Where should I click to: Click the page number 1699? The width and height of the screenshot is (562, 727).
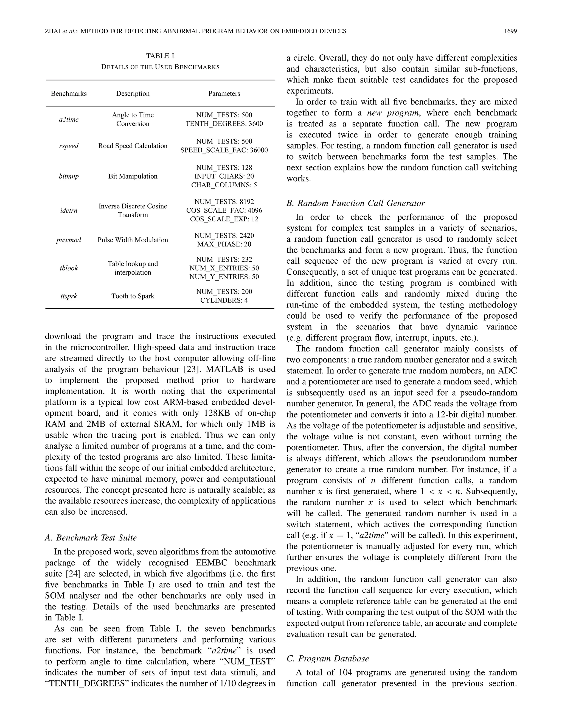click(510, 31)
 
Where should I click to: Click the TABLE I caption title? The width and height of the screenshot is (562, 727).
click(160, 56)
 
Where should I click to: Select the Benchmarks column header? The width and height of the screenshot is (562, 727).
click(69, 94)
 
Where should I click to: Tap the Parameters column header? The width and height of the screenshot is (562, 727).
click(224, 94)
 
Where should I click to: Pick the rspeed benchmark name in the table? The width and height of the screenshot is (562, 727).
click(69, 146)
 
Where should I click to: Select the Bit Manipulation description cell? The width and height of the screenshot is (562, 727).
click(133, 176)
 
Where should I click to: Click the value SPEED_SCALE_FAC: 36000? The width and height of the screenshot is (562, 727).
click(224, 150)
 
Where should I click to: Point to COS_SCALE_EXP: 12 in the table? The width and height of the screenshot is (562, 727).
click(224, 219)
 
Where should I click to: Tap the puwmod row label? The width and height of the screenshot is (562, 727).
click(69, 240)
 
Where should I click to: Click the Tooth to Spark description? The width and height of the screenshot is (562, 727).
click(133, 296)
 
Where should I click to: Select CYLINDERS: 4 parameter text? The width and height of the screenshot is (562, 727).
click(224, 300)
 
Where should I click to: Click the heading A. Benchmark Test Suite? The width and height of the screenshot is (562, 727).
click(91, 538)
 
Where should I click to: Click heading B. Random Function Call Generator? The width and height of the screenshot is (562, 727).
click(355, 203)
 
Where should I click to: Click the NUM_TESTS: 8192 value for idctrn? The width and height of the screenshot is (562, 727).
click(224, 202)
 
